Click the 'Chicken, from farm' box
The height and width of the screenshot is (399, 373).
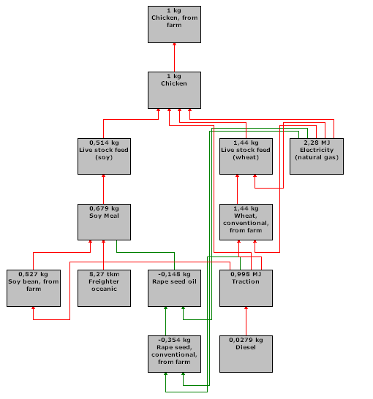pos(174,24)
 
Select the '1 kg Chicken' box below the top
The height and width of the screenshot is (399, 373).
pos(174,90)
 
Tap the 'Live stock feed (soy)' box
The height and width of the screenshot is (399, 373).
pos(104,156)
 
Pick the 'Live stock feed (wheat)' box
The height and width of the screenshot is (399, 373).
pos(246,156)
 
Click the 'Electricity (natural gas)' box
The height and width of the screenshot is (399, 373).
pos(317,156)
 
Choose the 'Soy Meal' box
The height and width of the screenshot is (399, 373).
pos(104,222)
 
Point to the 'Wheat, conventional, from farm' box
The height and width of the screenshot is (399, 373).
pos(246,222)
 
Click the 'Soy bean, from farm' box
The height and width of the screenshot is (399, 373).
pos(34,288)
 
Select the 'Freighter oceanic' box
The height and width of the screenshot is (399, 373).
pos(104,288)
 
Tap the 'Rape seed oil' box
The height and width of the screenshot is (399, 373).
pos(174,288)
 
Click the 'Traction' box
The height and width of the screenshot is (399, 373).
pos(246,288)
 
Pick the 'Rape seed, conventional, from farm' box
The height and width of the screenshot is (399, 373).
pos(174,354)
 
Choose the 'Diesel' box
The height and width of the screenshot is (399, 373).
pos(246,354)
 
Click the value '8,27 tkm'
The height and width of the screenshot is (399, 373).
pos(104,274)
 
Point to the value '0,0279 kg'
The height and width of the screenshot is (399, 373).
pos(246,341)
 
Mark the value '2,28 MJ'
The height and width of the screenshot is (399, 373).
pos(317,142)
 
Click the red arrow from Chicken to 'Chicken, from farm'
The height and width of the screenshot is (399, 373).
pos(174,58)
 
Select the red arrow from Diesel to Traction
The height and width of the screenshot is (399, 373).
pos(246,321)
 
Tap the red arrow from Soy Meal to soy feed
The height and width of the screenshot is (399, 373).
pos(103,189)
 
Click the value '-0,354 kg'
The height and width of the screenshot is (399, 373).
pos(174,341)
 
